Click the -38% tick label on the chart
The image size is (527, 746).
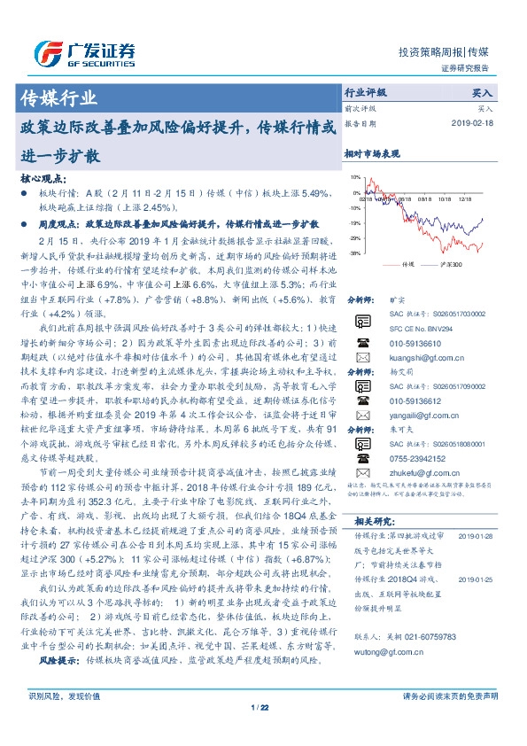coord(353,253)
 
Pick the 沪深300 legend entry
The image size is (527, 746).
coord(451,264)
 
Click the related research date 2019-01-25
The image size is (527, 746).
coord(480,579)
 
